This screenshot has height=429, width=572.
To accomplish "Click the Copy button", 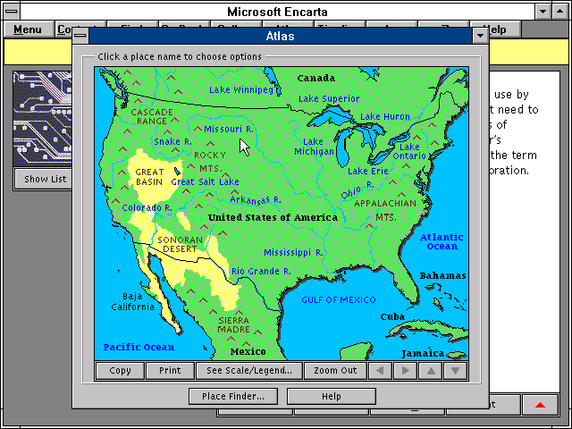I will point(120,370).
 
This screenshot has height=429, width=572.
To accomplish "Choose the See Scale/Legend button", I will point(249,370).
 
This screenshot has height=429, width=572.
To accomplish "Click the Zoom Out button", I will point(335,370).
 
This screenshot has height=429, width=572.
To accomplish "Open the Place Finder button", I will point(233,396).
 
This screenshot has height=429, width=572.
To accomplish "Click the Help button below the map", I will point(331,396).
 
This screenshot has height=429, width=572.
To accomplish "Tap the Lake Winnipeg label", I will point(240,90).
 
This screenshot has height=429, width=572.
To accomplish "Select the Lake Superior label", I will point(328,98).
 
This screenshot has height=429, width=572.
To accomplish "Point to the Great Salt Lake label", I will point(205,181).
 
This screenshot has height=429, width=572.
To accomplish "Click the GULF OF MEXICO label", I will point(339,300).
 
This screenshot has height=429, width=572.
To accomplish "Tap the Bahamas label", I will point(442,275).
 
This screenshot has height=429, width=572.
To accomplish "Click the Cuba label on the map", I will point(392,316).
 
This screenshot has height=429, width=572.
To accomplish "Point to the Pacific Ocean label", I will point(139,347).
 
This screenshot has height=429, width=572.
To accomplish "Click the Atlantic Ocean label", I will point(442,241).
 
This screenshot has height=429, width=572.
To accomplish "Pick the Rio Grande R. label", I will point(261,271).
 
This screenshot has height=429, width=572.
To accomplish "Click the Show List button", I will point(44,179).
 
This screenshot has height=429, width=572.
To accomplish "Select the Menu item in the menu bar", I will point(27,29).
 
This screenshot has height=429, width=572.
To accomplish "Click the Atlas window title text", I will point(280,36).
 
